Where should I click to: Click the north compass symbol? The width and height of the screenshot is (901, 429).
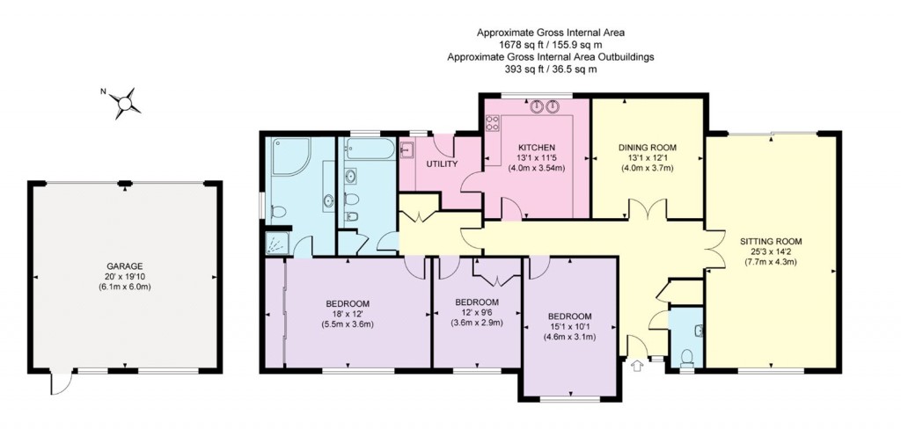point(124,102)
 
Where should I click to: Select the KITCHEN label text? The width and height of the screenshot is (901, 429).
point(535,147)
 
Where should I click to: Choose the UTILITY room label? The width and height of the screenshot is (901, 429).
point(440,164)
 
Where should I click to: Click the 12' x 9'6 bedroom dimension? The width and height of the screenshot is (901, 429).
point(477,313)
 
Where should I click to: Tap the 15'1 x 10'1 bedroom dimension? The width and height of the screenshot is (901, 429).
point(570,327)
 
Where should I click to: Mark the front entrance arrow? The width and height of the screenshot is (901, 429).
point(637,367)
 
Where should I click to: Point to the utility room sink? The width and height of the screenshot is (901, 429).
point(407,149)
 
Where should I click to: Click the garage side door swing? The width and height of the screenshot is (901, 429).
point(60,384)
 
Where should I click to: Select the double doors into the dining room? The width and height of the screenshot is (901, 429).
point(646,212)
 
